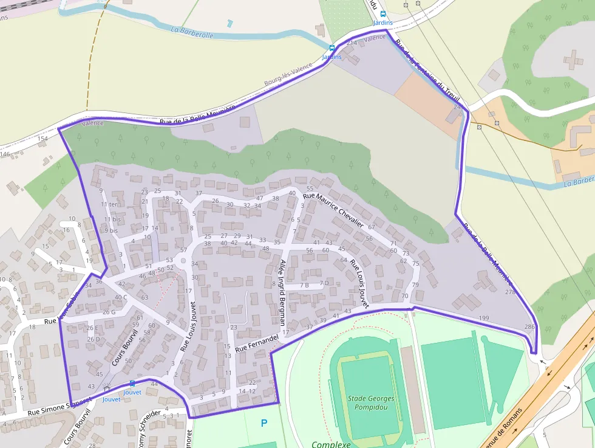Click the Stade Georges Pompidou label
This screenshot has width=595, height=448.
coord(371,402)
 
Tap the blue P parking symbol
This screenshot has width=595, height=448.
coord(263,422)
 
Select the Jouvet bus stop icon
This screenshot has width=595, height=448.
coord(132,384)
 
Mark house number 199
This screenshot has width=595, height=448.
coord(484,318)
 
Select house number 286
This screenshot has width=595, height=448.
coord(529,327)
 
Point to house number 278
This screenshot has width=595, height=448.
coord(509,292)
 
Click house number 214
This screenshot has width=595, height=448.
coord(351,43)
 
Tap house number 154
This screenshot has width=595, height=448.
coord(42,139)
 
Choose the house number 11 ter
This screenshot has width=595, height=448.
coord(109,204)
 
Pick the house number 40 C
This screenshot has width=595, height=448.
coord(121,297)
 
